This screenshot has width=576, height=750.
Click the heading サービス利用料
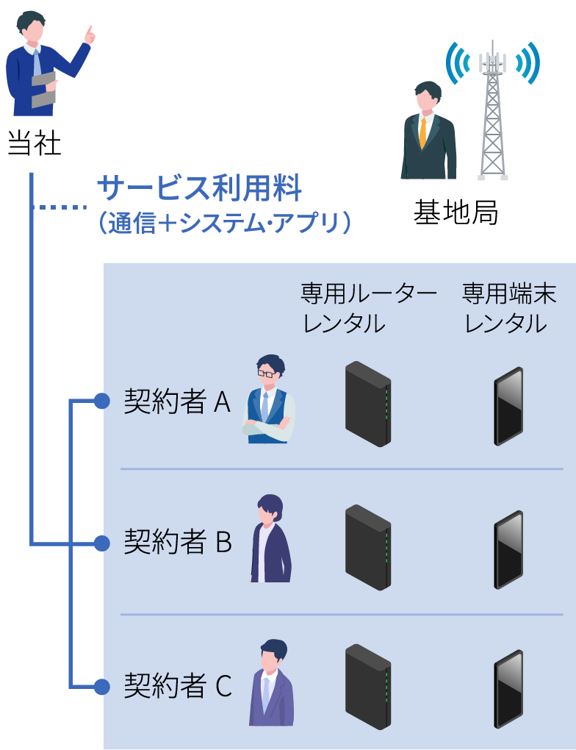point(199,190)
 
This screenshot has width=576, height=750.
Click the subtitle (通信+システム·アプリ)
point(223,223)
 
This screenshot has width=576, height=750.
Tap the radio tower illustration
point(493,110)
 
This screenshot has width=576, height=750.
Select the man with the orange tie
point(428,132)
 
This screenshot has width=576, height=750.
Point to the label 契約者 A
point(177,402)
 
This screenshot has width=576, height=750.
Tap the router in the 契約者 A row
point(367,404)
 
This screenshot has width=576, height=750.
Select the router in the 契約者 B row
point(367,547)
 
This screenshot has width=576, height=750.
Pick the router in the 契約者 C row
point(367,687)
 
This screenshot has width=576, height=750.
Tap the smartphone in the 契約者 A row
point(508,407)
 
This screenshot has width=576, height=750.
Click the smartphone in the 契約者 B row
point(508,549)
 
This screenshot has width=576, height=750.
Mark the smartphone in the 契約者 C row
point(508,689)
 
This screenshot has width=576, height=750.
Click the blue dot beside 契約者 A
point(101,401)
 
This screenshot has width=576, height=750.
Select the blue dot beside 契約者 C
point(101,687)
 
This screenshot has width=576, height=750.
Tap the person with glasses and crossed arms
point(267,401)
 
